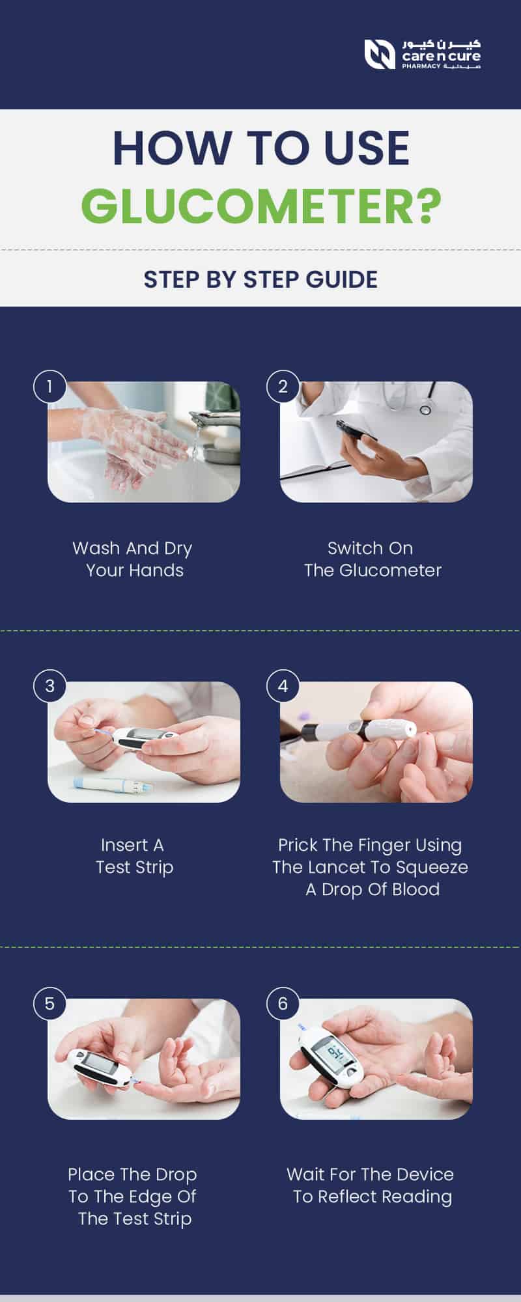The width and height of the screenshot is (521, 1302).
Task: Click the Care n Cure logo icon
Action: pyautogui.click(x=379, y=54)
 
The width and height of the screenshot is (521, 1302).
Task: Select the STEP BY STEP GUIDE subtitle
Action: pyautogui.click(x=260, y=279)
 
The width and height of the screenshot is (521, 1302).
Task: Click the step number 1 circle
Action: pyautogui.click(x=49, y=387)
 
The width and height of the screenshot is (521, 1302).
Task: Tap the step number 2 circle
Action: pyautogui.click(x=283, y=387)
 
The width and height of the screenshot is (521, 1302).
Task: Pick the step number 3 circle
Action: pyautogui.click(x=49, y=686)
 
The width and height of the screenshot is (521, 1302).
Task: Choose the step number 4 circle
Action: pyautogui.click(x=283, y=686)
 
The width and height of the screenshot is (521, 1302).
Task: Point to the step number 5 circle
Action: pyautogui.click(x=49, y=1003)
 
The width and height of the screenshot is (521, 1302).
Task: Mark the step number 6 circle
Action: pyautogui.click(x=283, y=1003)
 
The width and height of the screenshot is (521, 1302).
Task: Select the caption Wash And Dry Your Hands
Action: pyautogui.click(x=134, y=559)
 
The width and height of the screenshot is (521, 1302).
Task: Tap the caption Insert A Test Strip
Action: pyautogui.click(x=134, y=856)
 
